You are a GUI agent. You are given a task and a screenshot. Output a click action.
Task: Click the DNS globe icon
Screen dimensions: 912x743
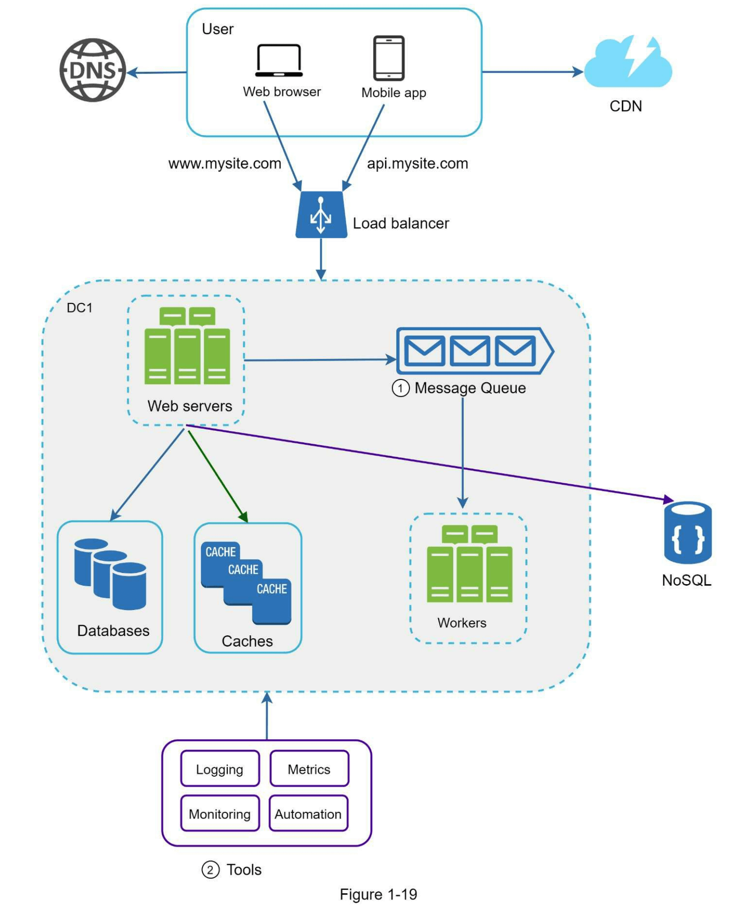click(x=93, y=70)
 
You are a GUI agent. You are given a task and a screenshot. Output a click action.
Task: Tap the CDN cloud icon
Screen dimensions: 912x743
click(x=627, y=63)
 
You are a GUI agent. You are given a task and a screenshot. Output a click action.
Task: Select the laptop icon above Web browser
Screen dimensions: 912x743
click(x=279, y=61)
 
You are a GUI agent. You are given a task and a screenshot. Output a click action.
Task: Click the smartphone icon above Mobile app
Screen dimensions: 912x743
click(x=388, y=58)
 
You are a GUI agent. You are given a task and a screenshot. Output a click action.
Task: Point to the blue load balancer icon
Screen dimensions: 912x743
click(x=321, y=215)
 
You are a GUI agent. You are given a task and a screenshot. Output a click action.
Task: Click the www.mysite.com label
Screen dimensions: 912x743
click(x=224, y=164)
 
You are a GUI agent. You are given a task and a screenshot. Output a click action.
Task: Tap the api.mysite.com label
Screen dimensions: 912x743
click(x=417, y=164)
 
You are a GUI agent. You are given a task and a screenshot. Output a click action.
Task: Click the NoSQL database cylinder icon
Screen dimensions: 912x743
click(x=687, y=533)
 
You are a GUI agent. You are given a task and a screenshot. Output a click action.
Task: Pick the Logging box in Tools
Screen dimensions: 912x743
click(x=220, y=769)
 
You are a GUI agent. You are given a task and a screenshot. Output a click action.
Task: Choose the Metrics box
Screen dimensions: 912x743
click(x=309, y=769)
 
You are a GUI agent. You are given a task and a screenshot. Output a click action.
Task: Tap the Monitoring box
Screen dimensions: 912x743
click(x=220, y=814)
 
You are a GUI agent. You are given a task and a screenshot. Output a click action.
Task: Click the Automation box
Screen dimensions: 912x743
click(x=308, y=814)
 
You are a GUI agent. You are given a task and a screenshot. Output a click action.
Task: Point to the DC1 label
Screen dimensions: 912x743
click(x=79, y=308)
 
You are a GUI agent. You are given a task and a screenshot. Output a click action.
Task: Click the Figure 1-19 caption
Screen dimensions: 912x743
click(x=378, y=895)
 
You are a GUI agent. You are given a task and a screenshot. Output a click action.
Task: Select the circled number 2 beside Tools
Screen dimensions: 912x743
click(x=210, y=870)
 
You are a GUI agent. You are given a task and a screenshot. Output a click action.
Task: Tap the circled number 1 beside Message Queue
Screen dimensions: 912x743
click(x=400, y=388)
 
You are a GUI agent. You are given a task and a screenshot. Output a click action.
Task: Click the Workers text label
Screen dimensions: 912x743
click(x=462, y=623)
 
